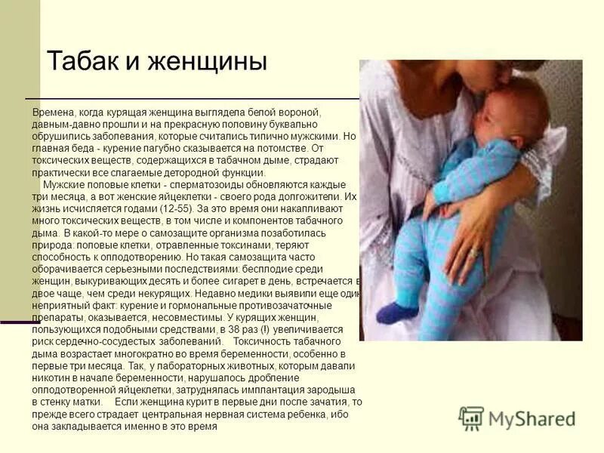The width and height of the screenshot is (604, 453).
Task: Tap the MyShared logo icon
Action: (x=472, y=418)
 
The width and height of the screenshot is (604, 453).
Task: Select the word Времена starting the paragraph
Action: (x=52, y=112)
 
